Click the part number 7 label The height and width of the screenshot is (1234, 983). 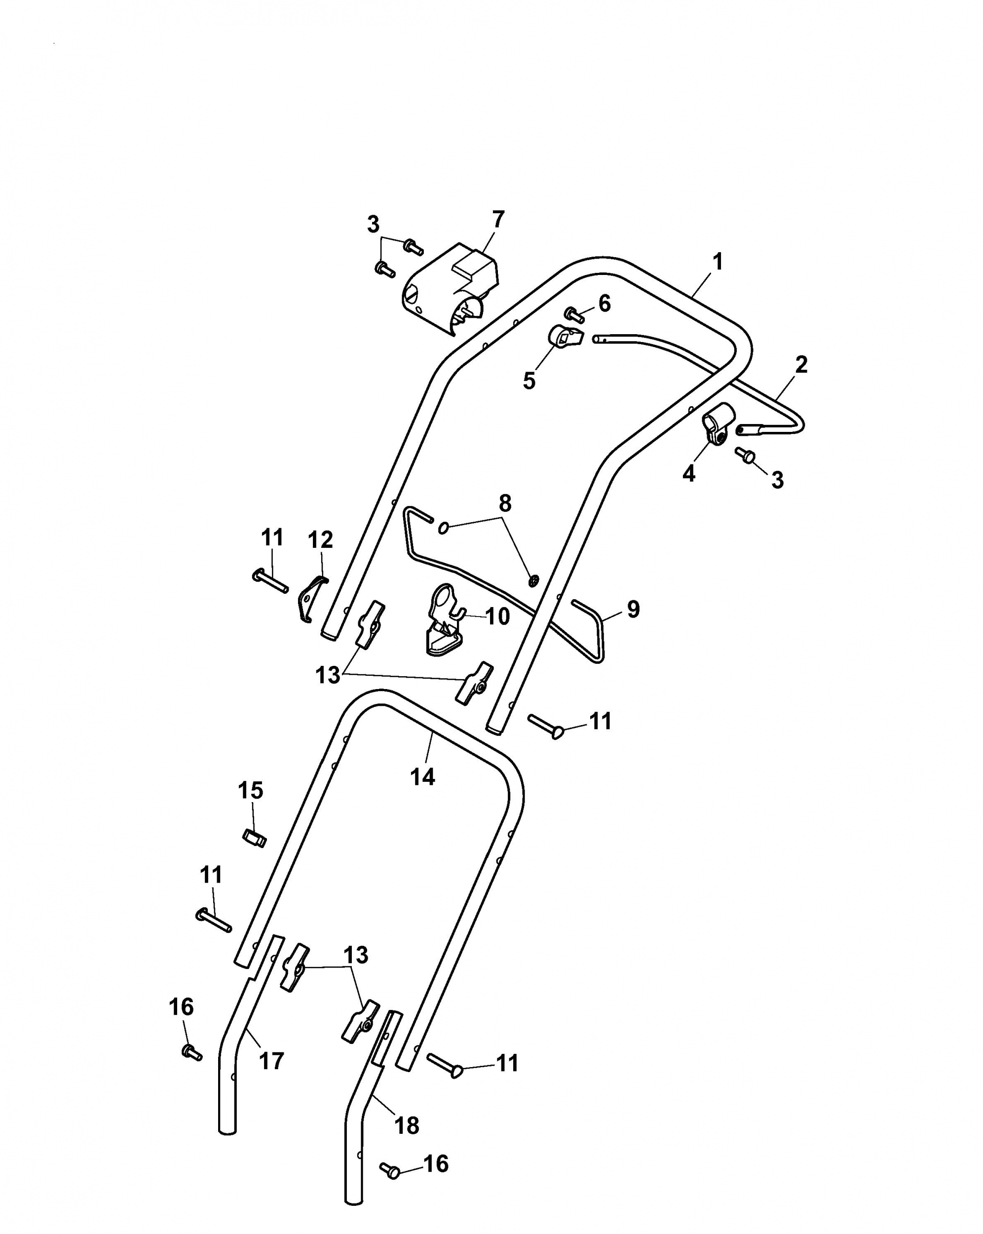498,220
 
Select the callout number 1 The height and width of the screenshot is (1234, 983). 718,262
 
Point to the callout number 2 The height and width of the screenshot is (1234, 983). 801,365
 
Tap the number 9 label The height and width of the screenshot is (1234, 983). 633,609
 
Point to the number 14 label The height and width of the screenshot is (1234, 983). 422,777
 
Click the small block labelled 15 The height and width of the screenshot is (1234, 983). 254,839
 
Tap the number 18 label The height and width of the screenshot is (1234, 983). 407,1126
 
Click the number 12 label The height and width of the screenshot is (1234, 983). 320,540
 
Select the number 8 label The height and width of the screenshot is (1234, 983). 505,503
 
